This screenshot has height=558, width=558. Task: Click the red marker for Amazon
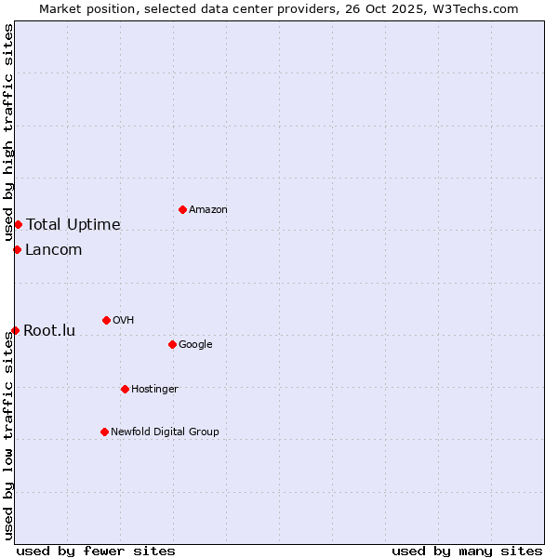pos(182,209)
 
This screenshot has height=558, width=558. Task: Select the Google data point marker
pos(172,344)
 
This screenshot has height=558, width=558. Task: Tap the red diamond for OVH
pos(106,320)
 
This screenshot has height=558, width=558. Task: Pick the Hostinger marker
pos(125,389)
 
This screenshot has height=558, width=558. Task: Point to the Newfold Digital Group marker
pos(104,432)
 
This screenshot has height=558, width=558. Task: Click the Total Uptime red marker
pos(18,224)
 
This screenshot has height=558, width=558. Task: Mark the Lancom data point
pos(17,249)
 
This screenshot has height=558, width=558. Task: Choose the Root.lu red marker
pos(15,330)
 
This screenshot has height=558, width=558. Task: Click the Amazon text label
pos(208,210)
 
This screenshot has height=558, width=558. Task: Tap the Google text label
pos(195,345)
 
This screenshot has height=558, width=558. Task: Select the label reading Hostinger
pos(154,389)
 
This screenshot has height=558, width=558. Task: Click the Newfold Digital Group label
pos(165,432)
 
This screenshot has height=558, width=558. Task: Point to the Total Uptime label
pos(73,224)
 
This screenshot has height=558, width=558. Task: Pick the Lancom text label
pos(53,249)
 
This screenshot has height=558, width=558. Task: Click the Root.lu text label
pos(49,330)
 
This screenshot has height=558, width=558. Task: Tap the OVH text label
pos(123,321)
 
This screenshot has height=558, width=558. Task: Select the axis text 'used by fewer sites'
pos(96,551)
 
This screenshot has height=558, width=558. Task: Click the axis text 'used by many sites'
pos(467,551)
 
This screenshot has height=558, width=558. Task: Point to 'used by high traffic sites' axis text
pos(8,131)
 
